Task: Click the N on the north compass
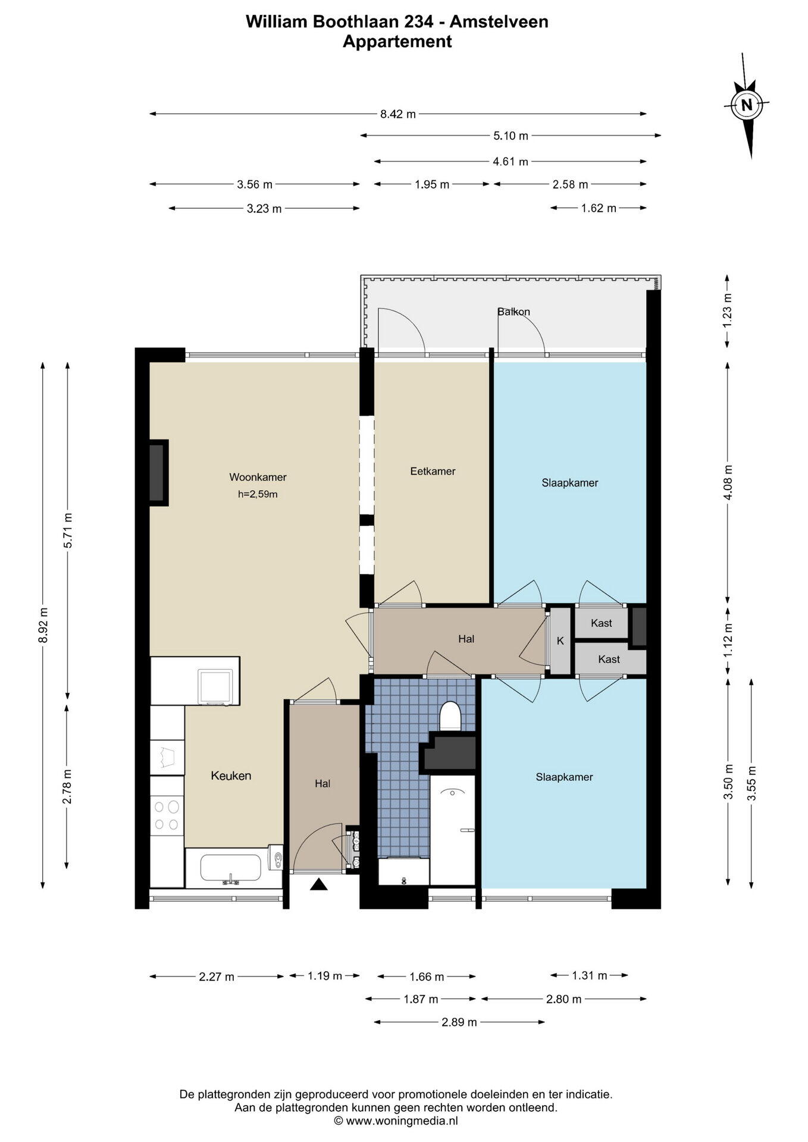[x=747, y=105]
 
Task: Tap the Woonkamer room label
[x=258, y=477]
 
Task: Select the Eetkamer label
[x=433, y=471]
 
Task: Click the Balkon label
[x=513, y=312]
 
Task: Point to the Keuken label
[x=231, y=776]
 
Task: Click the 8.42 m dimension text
[x=398, y=114]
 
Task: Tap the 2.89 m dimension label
[x=459, y=1022]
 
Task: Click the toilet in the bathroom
[x=450, y=716]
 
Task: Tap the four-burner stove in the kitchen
[x=167, y=815]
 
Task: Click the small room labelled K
[x=560, y=641]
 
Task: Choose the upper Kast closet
[x=602, y=623]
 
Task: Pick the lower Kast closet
[x=609, y=659]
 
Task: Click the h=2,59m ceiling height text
[x=258, y=494]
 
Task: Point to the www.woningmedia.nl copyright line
[x=396, y=1121]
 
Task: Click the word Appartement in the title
[x=397, y=42]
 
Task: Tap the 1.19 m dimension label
[x=324, y=976]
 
